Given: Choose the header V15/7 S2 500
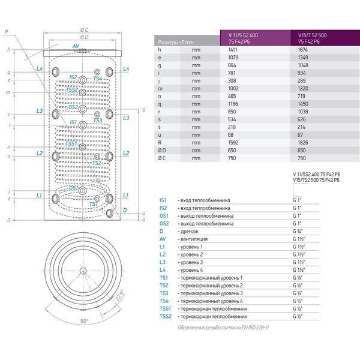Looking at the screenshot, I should [315, 35].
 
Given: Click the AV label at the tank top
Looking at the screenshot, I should [76, 46].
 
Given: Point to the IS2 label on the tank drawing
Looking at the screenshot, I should [73, 77].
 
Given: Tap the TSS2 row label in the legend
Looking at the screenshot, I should [166, 317].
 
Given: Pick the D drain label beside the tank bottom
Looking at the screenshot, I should [124, 211].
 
